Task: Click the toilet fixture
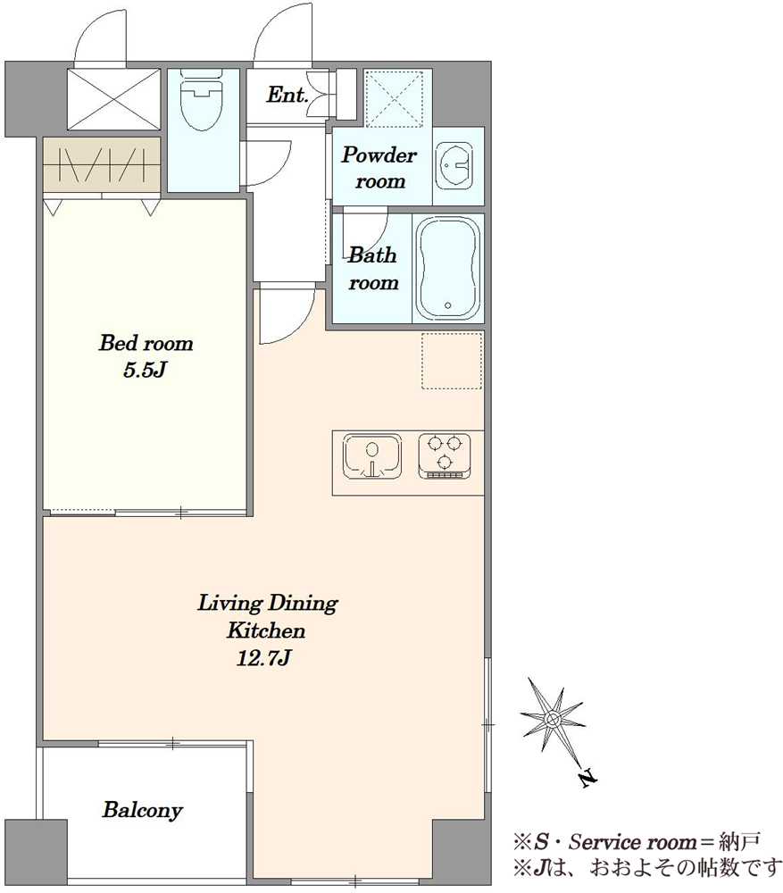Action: (x=201, y=100)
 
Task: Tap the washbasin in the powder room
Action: (x=454, y=165)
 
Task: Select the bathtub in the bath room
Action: (x=447, y=269)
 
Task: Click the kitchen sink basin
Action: (x=371, y=455)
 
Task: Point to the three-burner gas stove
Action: (x=444, y=455)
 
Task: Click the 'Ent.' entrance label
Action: (x=287, y=95)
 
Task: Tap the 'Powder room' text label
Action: (x=379, y=168)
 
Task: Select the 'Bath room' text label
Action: (x=372, y=268)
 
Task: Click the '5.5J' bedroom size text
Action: (x=145, y=371)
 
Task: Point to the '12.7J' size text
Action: (x=264, y=658)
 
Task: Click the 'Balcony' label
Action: (x=142, y=810)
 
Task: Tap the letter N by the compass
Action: (x=588, y=778)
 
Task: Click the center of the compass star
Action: (x=552, y=719)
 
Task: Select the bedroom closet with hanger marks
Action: (x=102, y=165)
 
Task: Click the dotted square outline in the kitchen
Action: (x=452, y=361)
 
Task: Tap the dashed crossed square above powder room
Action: (x=394, y=98)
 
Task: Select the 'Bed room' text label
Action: (x=146, y=343)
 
